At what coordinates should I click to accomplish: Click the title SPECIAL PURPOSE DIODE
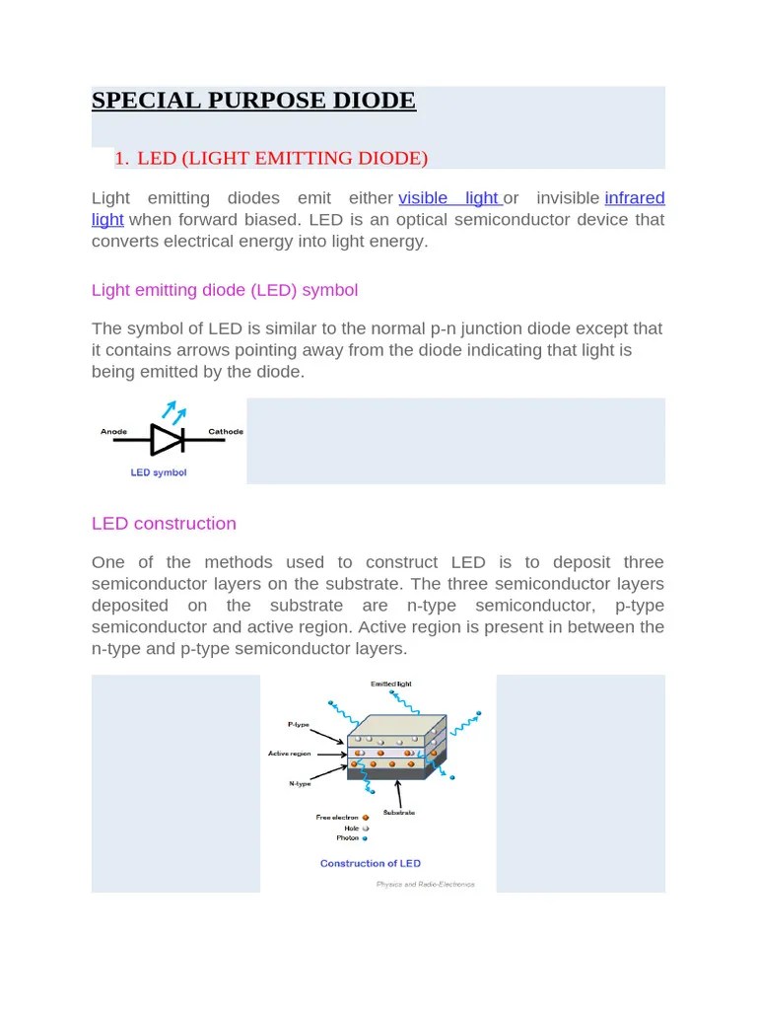253,101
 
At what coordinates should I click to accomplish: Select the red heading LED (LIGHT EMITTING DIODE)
282,159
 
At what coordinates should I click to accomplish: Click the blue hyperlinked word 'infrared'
634,198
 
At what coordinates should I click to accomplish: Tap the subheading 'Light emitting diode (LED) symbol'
225,290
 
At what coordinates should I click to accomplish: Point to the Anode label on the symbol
114,432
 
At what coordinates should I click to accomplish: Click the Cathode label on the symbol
226,432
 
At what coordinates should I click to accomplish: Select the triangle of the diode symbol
166,439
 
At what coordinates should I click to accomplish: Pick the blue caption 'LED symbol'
159,472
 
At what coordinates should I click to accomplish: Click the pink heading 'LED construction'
164,524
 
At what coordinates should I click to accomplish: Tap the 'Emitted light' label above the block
391,684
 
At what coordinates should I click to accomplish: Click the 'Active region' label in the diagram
290,754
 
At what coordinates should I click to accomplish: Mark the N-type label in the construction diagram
300,784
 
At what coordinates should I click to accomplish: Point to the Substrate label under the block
398,812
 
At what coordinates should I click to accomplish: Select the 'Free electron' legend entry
337,818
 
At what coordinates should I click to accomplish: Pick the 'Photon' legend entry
348,838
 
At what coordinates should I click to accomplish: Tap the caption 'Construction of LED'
371,864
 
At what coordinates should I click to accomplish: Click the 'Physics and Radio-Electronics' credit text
425,885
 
